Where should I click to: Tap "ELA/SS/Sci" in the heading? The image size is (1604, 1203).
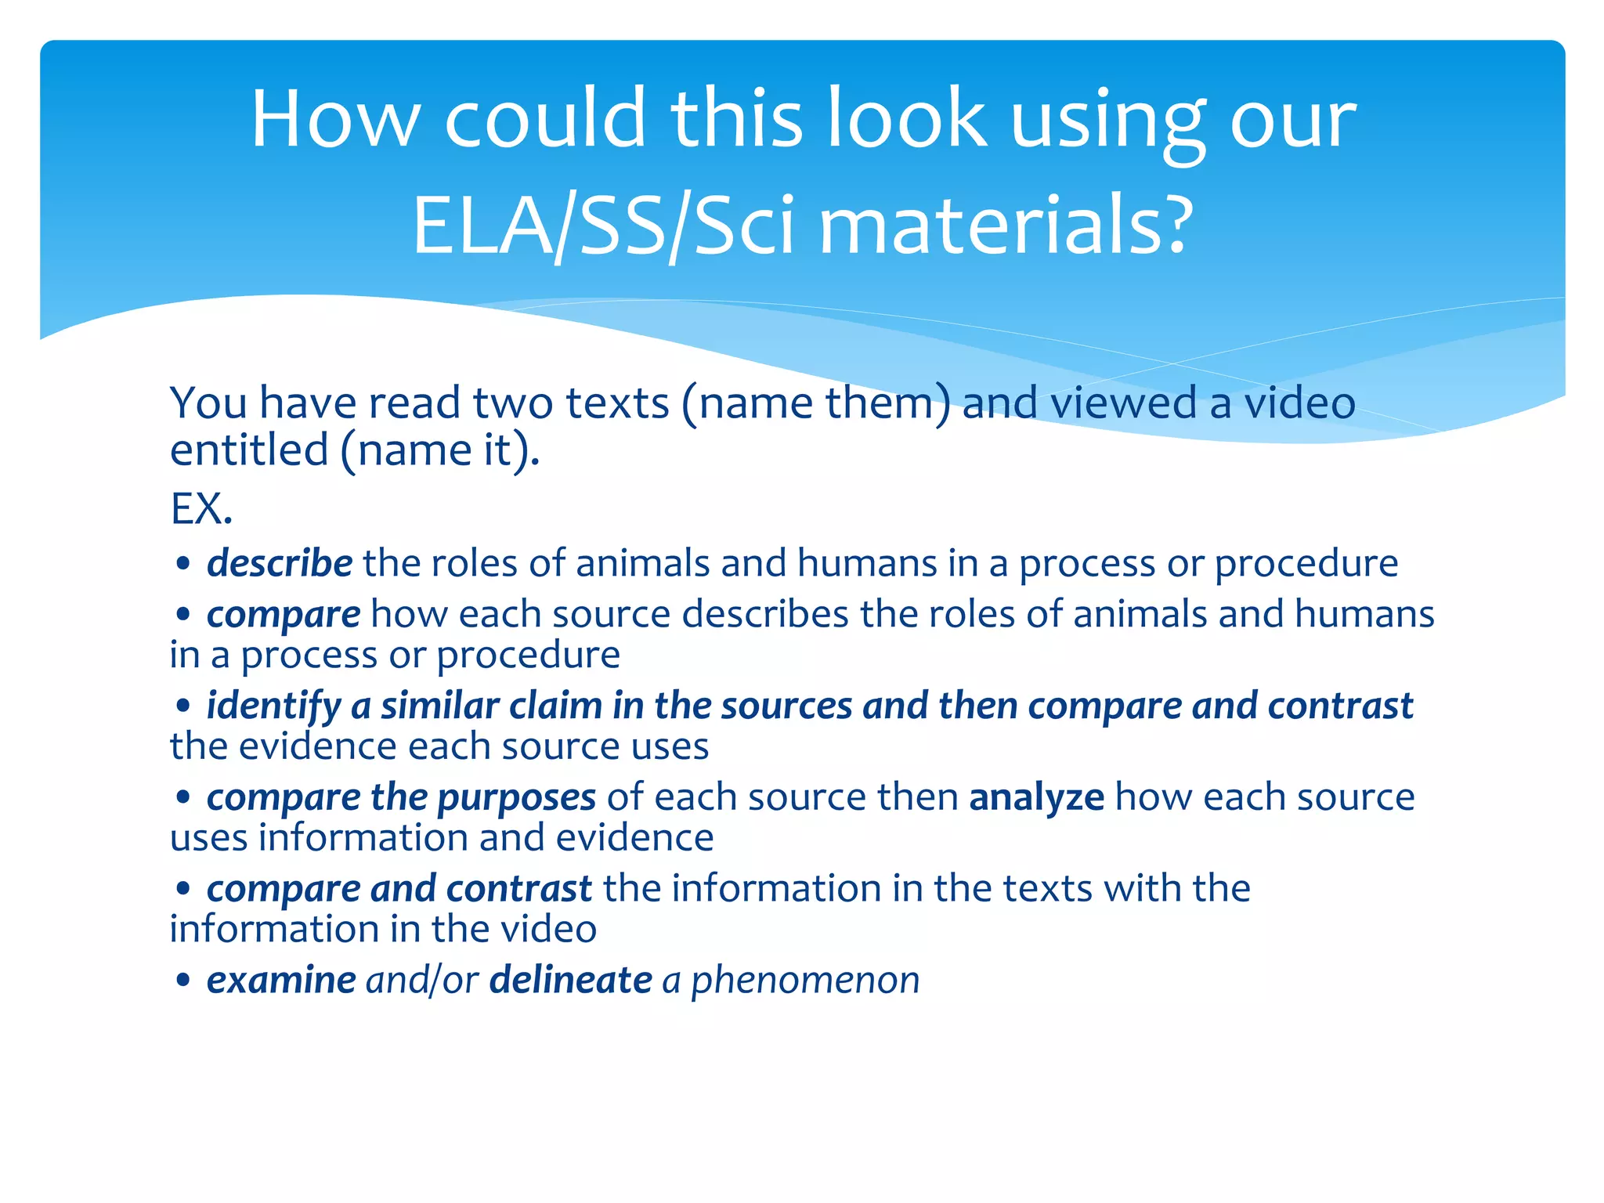(603, 227)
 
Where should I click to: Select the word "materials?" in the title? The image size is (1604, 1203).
(1006, 227)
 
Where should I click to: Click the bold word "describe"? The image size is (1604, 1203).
(280, 563)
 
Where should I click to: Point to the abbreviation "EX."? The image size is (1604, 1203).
(201, 509)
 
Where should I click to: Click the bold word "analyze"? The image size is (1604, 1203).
(1036, 797)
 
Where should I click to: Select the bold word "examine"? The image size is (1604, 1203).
(281, 980)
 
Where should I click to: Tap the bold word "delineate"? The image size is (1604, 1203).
(570, 980)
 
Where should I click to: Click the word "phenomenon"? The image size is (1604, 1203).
(805, 980)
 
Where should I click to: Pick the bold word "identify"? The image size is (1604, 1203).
(273, 706)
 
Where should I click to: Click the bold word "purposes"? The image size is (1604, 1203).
(517, 797)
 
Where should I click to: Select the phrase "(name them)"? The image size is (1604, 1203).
(816, 403)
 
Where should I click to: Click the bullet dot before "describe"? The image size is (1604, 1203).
(183, 564)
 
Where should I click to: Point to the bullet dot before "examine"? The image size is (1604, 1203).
(183, 981)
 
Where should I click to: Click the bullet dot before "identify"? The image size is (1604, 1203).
(183, 706)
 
